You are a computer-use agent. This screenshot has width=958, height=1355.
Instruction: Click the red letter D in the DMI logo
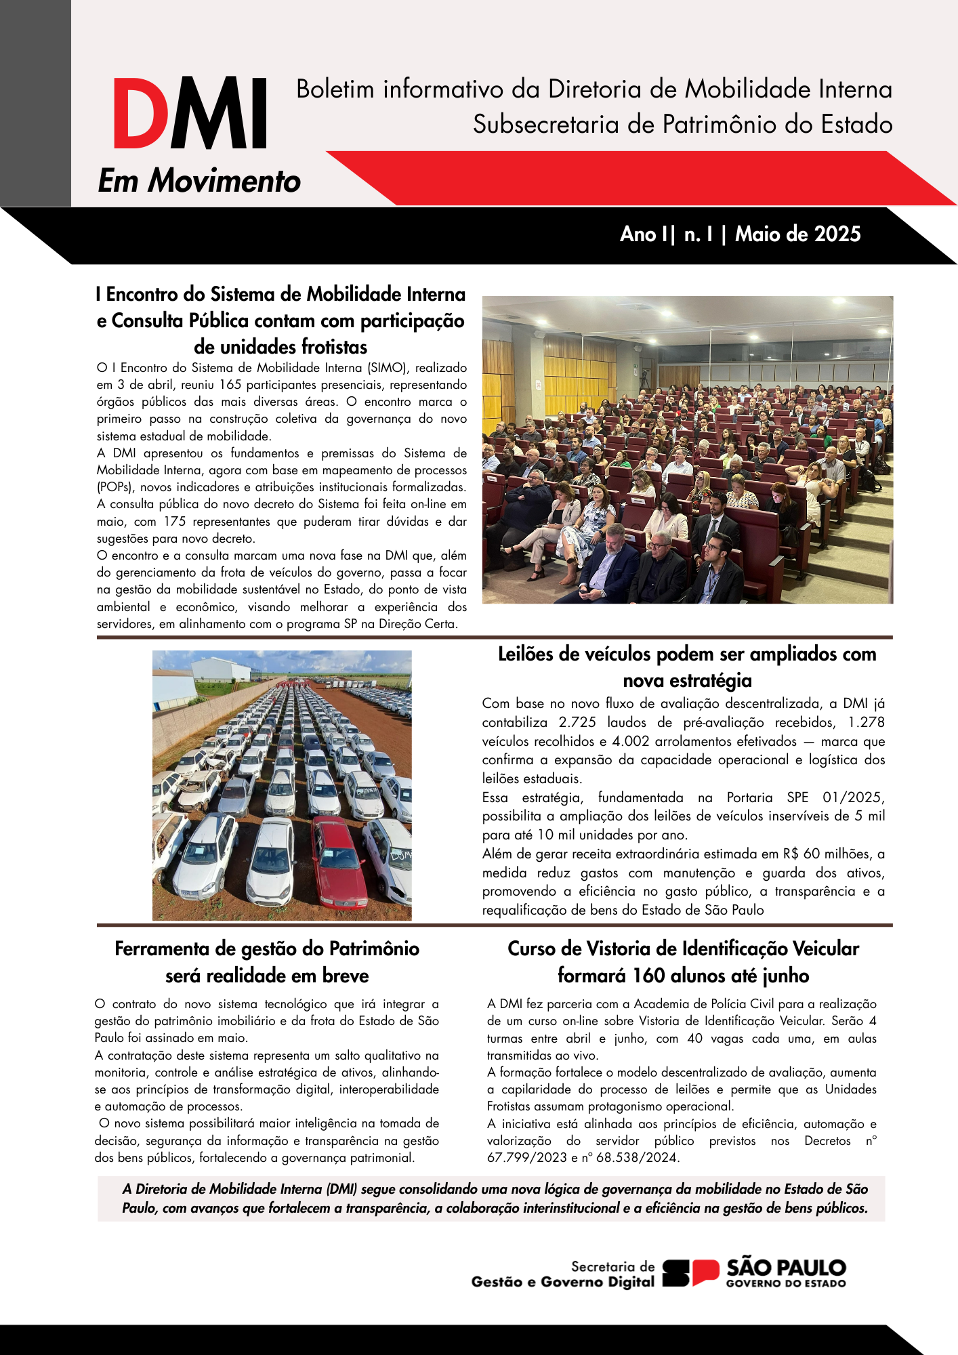pyautogui.click(x=141, y=113)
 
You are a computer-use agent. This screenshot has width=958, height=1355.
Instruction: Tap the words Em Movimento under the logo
pyautogui.click(x=199, y=181)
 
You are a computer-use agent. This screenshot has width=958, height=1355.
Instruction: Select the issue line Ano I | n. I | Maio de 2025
pyautogui.click(x=740, y=234)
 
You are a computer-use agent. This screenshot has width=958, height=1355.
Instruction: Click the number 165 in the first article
pyautogui.click(x=230, y=385)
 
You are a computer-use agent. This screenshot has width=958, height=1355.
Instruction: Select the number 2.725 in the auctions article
pyautogui.click(x=577, y=722)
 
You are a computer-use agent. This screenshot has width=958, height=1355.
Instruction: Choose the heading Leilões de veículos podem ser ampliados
pyautogui.click(x=686, y=654)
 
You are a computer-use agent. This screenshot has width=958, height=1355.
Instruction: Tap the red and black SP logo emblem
pyautogui.click(x=690, y=1273)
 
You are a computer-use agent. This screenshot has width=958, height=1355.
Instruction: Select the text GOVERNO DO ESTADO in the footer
pyautogui.click(x=786, y=1283)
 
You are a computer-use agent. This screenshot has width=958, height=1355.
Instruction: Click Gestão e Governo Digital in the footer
pyautogui.click(x=563, y=1282)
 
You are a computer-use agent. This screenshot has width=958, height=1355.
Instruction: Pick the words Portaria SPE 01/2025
pyautogui.click(x=806, y=797)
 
